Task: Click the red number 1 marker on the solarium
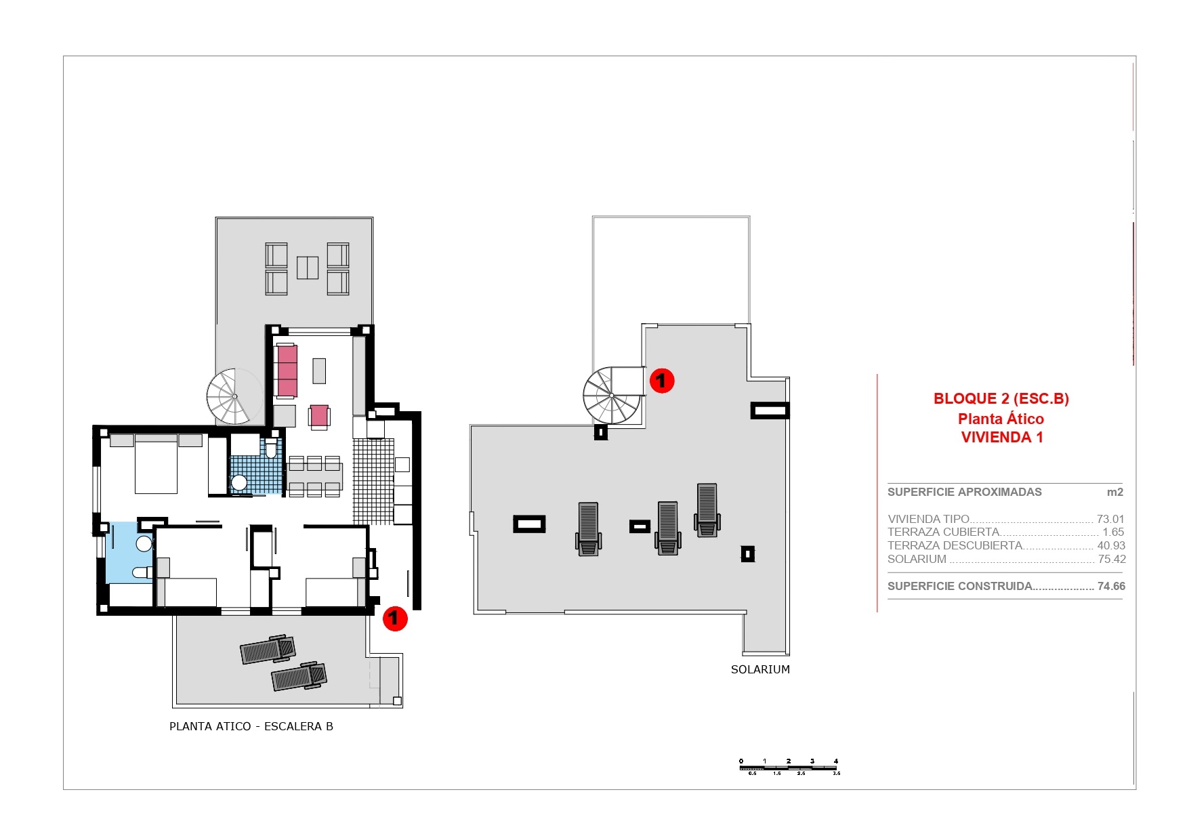[661, 381]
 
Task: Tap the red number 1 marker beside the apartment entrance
[395, 618]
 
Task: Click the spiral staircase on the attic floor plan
[234, 396]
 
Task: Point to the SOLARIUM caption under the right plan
[760, 669]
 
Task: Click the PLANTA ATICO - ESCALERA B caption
[251, 726]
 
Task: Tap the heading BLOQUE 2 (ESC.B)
[1001, 398]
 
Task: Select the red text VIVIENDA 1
[1001, 438]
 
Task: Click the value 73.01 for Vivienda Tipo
[1110, 519]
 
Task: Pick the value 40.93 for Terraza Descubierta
[1110, 545]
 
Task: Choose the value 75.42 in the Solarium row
[1111, 559]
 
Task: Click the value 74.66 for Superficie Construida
[1110, 586]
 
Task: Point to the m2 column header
[1114, 492]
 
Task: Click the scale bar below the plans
[789, 767]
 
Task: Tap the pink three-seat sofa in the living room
[287, 371]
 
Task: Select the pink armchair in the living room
[319, 416]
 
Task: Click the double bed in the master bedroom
[156, 465]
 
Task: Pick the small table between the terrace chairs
[307, 268]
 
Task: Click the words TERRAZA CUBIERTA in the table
[943, 532]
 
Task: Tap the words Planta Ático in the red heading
[1001, 419]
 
